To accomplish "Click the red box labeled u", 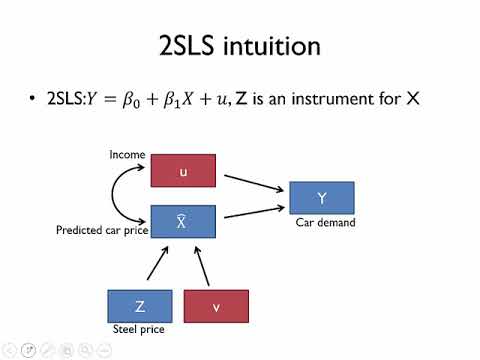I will tap(183, 171).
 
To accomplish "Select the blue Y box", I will tap(321, 198).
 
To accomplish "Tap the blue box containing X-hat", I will tap(183, 221).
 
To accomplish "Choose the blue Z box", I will tap(140, 305).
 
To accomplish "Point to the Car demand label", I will tap(325, 223).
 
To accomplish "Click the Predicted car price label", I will tap(100, 231).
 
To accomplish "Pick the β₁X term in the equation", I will tap(185, 101).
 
